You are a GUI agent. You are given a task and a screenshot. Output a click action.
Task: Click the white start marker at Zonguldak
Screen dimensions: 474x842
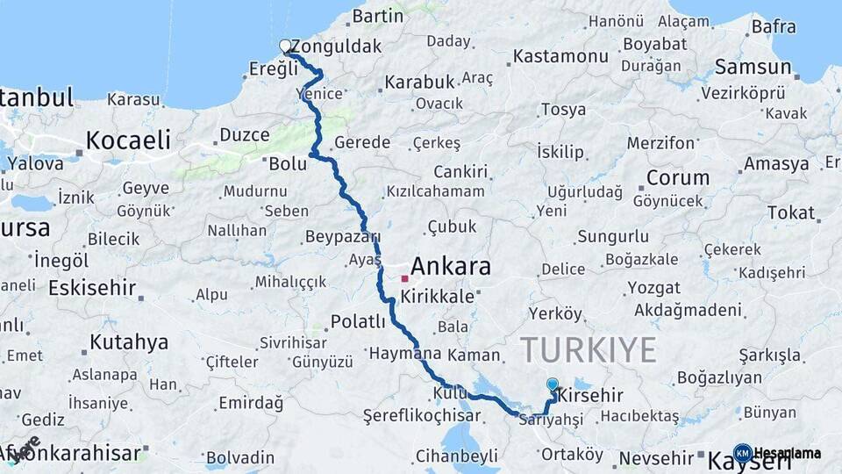coord(285,46)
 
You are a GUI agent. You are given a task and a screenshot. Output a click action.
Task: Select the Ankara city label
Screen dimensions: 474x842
coord(451,266)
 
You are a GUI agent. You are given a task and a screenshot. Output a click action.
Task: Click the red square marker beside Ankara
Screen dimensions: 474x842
coord(404,278)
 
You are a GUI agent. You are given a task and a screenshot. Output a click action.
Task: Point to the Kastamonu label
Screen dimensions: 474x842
coord(560,56)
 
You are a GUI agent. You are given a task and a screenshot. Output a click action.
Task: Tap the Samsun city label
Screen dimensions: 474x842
coord(753,67)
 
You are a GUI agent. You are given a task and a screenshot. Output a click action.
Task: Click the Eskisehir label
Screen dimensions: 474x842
coord(92,288)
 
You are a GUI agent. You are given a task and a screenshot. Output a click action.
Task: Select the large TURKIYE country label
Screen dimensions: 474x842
coord(589,349)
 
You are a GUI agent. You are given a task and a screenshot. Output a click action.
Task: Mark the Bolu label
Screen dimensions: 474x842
coord(288,164)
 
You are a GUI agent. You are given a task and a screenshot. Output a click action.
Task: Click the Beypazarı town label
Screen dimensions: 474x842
coord(342,236)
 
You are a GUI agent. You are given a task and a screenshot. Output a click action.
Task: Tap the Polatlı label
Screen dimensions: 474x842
coord(358,321)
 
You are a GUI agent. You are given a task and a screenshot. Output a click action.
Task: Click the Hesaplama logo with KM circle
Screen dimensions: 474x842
coord(778,453)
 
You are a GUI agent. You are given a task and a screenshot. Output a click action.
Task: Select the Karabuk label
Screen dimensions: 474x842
coord(419,82)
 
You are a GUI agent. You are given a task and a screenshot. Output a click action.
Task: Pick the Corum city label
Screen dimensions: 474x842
coord(678,177)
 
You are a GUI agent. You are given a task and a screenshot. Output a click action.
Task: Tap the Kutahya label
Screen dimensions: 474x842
coord(128,341)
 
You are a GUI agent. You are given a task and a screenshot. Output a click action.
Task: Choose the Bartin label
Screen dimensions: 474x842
coord(377,16)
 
